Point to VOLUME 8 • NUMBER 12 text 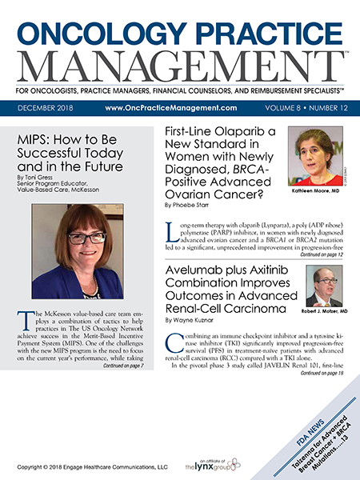(303, 106)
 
